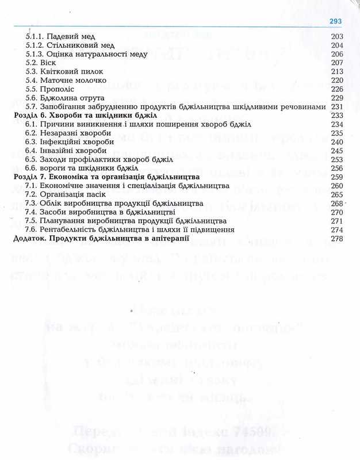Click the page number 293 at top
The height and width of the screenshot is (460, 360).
point(335,21)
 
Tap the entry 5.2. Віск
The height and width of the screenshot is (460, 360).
point(43,63)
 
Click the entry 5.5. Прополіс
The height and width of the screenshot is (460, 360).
point(52,89)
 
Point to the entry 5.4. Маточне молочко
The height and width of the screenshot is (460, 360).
point(64,80)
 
